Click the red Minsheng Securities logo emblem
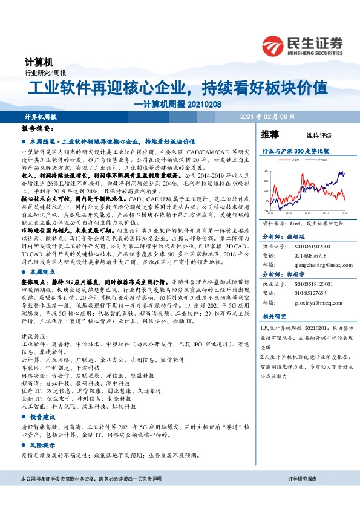click(x=277, y=45)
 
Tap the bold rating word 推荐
click(x=270, y=134)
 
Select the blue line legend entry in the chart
click(x=319, y=161)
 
